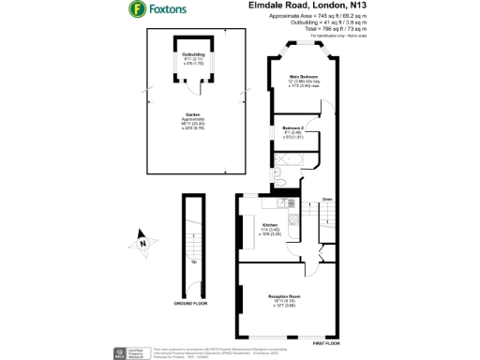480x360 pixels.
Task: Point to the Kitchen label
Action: coord(270,226)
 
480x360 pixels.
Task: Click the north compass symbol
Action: coord(142,242)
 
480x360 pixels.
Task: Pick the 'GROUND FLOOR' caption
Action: coord(193,305)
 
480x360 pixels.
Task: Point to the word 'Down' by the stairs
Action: coord(327,200)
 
